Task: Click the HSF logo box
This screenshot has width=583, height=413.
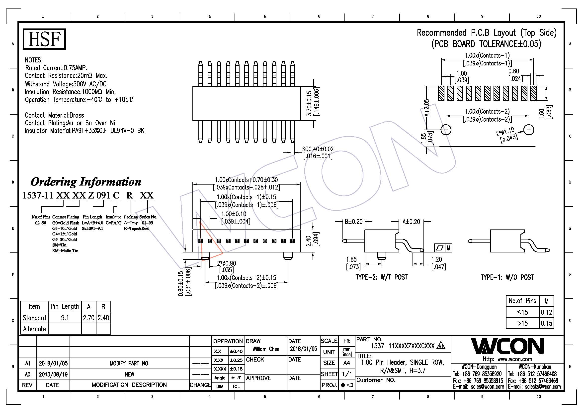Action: point(44,39)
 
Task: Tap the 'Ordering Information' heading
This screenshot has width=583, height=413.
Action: point(86,182)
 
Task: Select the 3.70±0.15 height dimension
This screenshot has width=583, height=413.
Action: point(309,104)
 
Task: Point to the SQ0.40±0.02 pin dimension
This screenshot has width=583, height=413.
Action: point(318,149)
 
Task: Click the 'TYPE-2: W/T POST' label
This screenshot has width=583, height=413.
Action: point(381,277)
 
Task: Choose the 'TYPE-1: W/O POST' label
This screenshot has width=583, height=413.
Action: point(507,277)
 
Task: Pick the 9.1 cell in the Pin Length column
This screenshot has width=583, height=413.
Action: point(65,318)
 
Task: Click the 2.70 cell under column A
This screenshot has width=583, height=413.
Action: point(89,318)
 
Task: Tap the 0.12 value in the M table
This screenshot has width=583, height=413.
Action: point(546,312)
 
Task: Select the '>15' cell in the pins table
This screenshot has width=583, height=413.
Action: point(522,323)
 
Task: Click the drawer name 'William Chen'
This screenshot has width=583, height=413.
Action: point(266,349)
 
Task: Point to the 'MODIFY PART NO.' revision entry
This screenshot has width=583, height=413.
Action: point(130,363)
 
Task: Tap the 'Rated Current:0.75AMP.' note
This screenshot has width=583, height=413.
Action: point(56,68)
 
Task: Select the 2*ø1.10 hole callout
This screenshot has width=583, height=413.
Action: point(505,132)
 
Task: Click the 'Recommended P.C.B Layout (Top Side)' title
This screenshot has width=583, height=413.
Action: point(487,33)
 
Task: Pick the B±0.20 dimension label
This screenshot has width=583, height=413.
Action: point(353,221)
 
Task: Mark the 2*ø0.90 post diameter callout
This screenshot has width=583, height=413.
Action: point(227,263)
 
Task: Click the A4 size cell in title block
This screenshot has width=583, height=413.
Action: point(347,363)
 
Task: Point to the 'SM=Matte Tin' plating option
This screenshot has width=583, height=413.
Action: point(65,250)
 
